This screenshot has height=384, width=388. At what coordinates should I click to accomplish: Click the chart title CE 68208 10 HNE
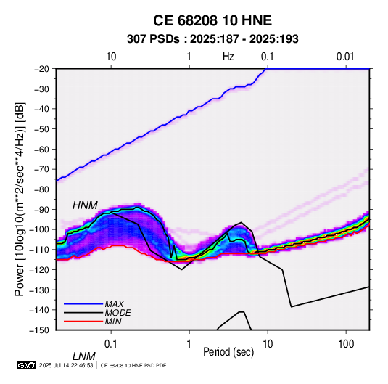click(x=212, y=20)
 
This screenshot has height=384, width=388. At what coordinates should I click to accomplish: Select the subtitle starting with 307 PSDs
click(x=212, y=39)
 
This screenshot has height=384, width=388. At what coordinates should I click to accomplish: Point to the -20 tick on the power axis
click(x=41, y=69)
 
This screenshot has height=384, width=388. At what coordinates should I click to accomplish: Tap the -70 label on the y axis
click(x=41, y=169)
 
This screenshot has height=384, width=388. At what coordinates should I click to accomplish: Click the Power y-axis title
click(x=20, y=199)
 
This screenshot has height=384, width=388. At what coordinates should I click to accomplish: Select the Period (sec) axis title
click(x=228, y=352)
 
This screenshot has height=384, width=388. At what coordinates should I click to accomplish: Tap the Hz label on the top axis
click(x=228, y=57)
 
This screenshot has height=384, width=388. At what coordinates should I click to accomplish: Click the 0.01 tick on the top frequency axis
click(x=345, y=57)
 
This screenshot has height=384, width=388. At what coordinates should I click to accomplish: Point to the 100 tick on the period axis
click(x=345, y=344)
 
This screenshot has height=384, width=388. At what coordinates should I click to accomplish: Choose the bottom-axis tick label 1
click(x=189, y=344)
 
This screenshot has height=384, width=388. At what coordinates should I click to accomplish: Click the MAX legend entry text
click(x=115, y=303)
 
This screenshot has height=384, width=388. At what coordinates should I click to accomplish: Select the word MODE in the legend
click(x=117, y=313)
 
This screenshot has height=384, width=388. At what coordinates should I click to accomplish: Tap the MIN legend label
click(x=113, y=322)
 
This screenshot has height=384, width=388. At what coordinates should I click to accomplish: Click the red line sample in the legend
click(x=83, y=322)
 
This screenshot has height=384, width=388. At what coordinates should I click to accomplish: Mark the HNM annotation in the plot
click(x=85, y=205)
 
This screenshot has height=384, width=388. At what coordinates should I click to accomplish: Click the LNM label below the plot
click(x=84, y=356)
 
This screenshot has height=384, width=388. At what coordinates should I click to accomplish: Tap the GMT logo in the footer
click(x=26, y=365)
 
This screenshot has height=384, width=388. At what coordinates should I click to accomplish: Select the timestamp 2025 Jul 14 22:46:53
click(x=66, y=365)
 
